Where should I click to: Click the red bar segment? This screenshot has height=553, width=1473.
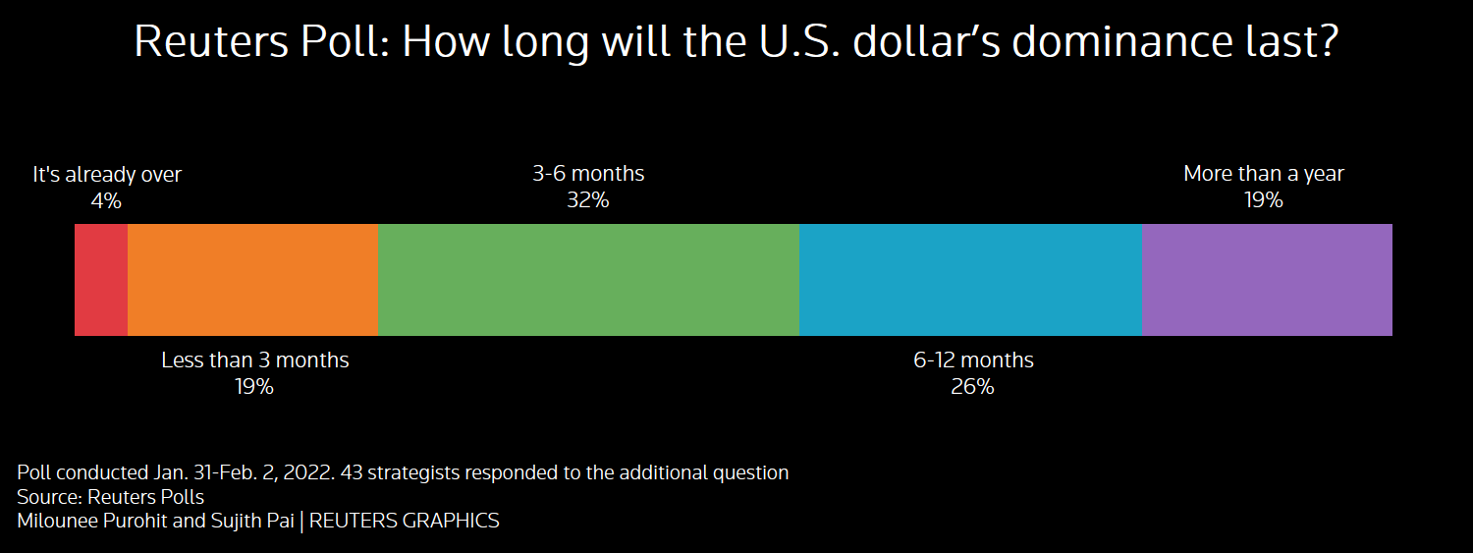101,280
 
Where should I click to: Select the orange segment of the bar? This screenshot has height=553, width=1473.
252,280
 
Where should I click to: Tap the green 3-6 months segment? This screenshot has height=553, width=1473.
588,280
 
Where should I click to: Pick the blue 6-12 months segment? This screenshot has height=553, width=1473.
970,280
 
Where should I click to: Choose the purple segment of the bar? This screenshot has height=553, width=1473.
1267,280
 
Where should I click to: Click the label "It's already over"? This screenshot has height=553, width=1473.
107,175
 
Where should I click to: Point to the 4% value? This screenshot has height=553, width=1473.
105,201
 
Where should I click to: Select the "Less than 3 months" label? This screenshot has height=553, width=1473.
254,360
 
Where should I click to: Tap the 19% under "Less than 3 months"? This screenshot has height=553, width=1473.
253,387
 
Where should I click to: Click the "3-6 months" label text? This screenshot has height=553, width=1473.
588,174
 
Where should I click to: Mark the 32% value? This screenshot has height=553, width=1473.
587,200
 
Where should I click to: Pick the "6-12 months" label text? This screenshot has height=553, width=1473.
973,360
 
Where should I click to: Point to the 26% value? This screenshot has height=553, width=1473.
972,387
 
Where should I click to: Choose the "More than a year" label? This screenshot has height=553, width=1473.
1263,174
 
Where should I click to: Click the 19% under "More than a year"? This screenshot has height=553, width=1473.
1263,200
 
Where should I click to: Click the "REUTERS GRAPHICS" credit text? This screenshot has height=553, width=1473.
404,521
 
